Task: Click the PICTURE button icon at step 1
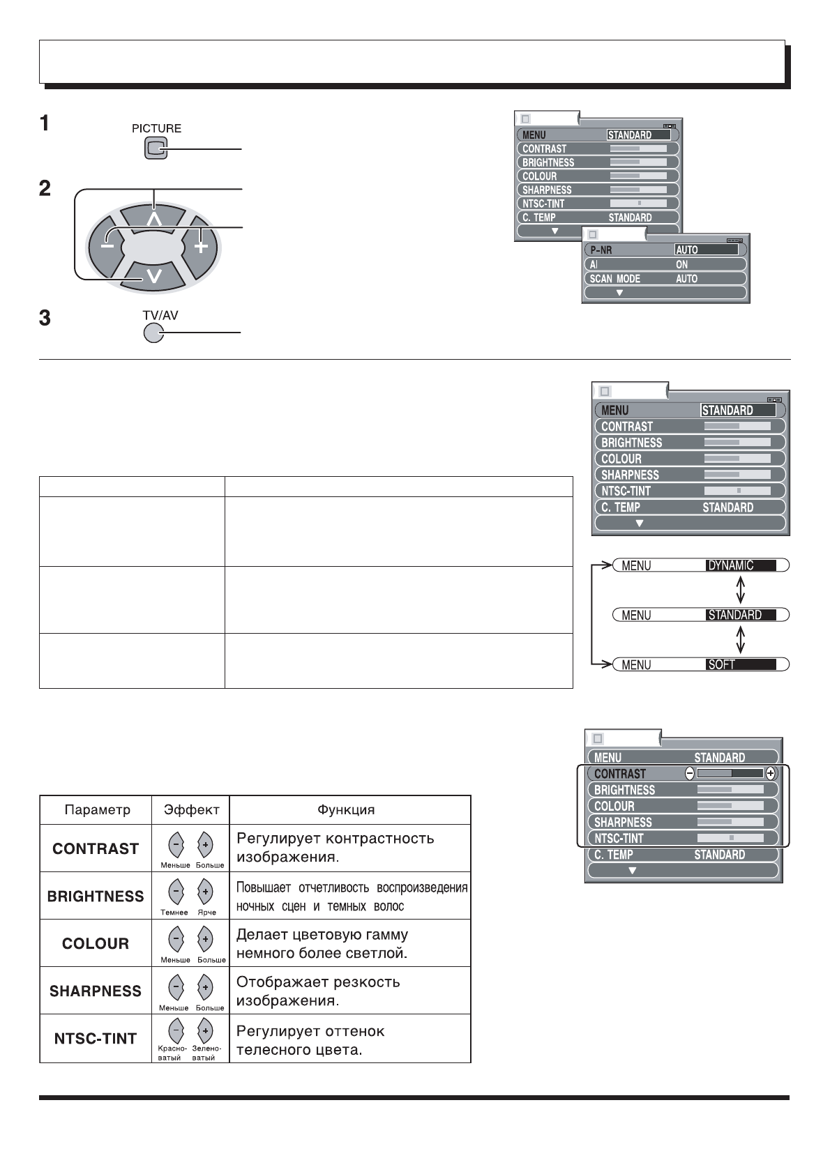(156, 148)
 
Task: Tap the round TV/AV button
(153, 333)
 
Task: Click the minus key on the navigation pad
(107, 245)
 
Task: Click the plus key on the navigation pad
(201, 245)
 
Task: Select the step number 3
(45, 319)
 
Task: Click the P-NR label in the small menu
(601, 250)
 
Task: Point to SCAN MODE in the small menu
(614, 278)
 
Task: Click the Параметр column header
(96, 810)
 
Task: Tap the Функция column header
(346, 810)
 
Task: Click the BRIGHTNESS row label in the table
(96, 896)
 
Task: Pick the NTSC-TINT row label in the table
(96, 1039)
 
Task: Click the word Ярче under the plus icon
(206, 913)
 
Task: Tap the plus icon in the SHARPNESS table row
(205, 987)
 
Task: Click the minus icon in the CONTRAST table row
(176, 844)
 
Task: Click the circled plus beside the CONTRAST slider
(771, 773)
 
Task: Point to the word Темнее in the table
(174, 913)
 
